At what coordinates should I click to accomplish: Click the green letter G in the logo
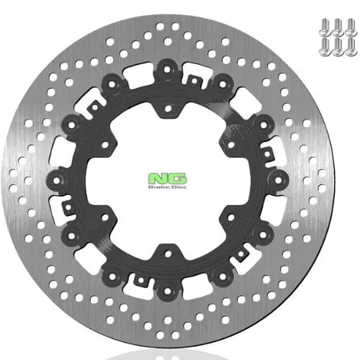(x=177, y=179)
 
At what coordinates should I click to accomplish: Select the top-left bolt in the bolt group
(x=325, y=27)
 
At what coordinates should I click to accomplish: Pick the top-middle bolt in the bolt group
(x=338, y=27)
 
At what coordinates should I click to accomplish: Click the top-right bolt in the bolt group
(x=351, y=27)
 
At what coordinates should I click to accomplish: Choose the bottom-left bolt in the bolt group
(x=325, y=47)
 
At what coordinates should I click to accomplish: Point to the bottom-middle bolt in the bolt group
(x=338, y=47)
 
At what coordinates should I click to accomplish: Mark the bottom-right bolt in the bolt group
(x=351, y=47)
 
